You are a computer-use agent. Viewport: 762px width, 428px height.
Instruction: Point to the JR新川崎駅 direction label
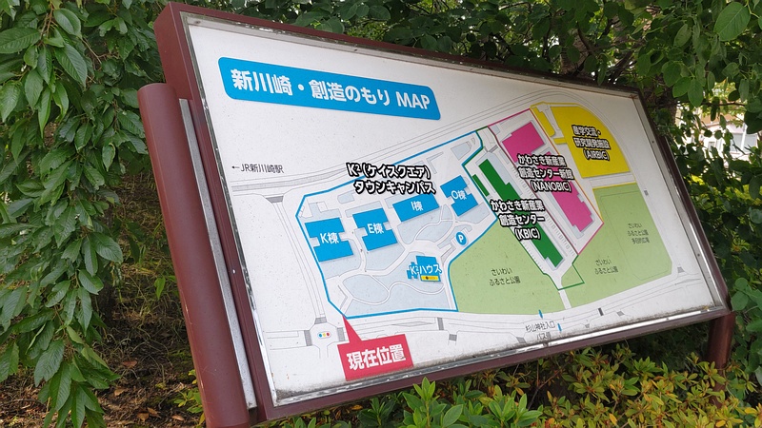tap(267, 167)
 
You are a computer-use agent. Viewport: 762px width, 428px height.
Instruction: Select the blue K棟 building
tap(329, 238)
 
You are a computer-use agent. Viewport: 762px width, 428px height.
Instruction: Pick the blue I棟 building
tap(415, 206)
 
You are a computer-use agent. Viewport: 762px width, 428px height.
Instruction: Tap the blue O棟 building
tap(459, 194)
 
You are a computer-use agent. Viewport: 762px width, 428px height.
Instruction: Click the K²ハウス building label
tap(423, 270)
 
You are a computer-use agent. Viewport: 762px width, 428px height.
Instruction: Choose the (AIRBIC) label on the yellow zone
tap(591, 153)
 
